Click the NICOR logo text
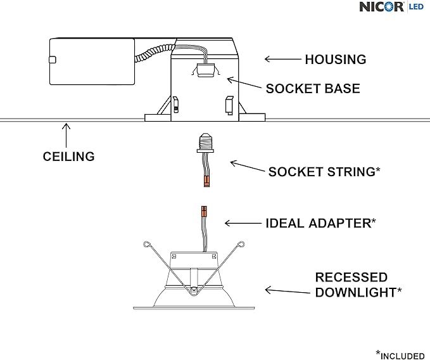pyautogui.click(x=382, y=7)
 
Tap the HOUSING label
pyautogui.click(x=335, y=60)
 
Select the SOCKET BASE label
pyautogui.click(x=313, y=89)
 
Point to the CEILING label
pyautogui.click(x=68, y=156)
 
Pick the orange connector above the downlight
pyautogui.click(x=205, y=210)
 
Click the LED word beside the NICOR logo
pyautogui.click(x=416, y=6)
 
